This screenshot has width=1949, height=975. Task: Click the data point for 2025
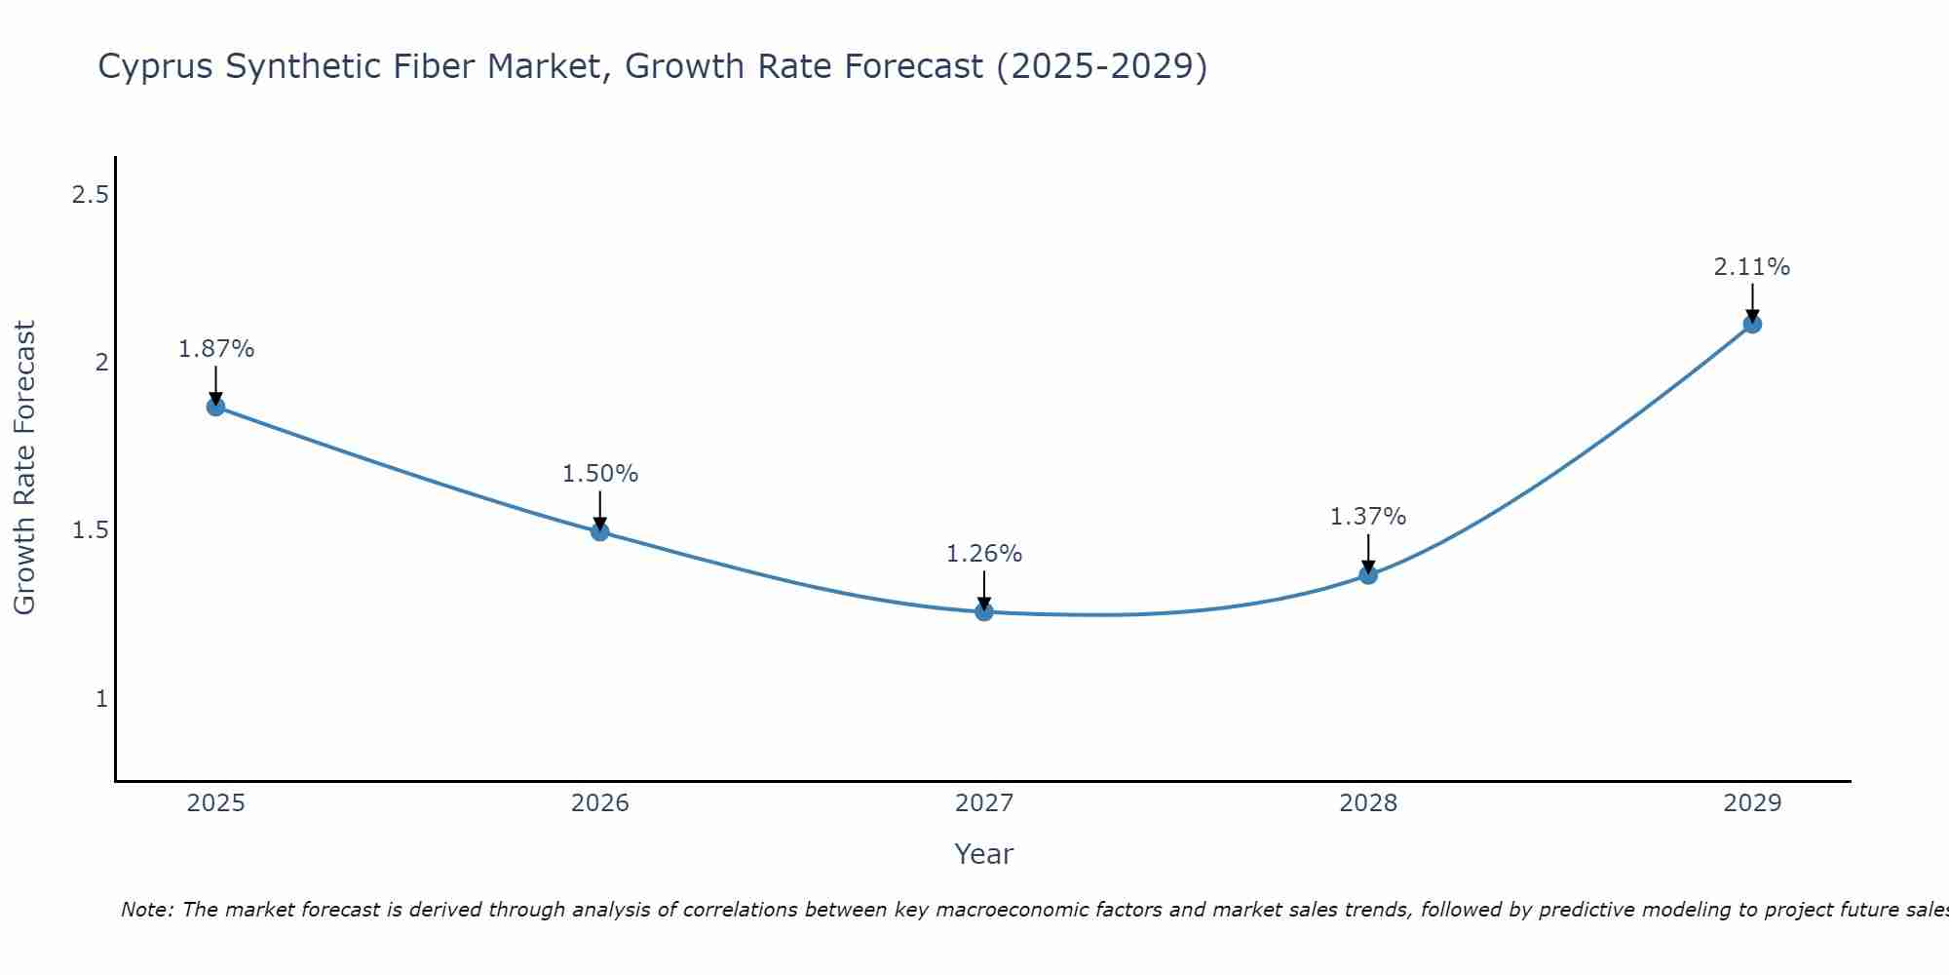[216, 407]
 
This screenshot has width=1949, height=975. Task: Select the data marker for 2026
[600, 531]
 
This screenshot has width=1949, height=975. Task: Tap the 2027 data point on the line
[984, 612]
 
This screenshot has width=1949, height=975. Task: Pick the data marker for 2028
[1368, 575]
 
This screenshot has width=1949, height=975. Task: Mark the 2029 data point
[1752, 324]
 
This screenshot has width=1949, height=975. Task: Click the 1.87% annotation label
[216, 349]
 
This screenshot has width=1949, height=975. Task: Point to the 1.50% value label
[600, 474]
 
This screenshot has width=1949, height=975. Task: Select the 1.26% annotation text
[984, 554]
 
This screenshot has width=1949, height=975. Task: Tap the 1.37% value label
[1368, 517]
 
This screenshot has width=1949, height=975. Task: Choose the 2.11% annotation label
[1752, 267]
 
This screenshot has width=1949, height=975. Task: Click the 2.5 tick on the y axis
[90, 195]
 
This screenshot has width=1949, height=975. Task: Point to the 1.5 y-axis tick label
[90, 530]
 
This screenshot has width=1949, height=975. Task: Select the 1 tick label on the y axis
[101, 699]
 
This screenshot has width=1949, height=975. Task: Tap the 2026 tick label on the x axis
[600, 803]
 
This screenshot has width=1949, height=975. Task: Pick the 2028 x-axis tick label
[1368, 803]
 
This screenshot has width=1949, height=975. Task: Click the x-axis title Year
[984, 854]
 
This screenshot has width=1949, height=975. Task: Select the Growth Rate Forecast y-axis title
[24, 468]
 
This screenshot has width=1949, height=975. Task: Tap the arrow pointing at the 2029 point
[1752, 302]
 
